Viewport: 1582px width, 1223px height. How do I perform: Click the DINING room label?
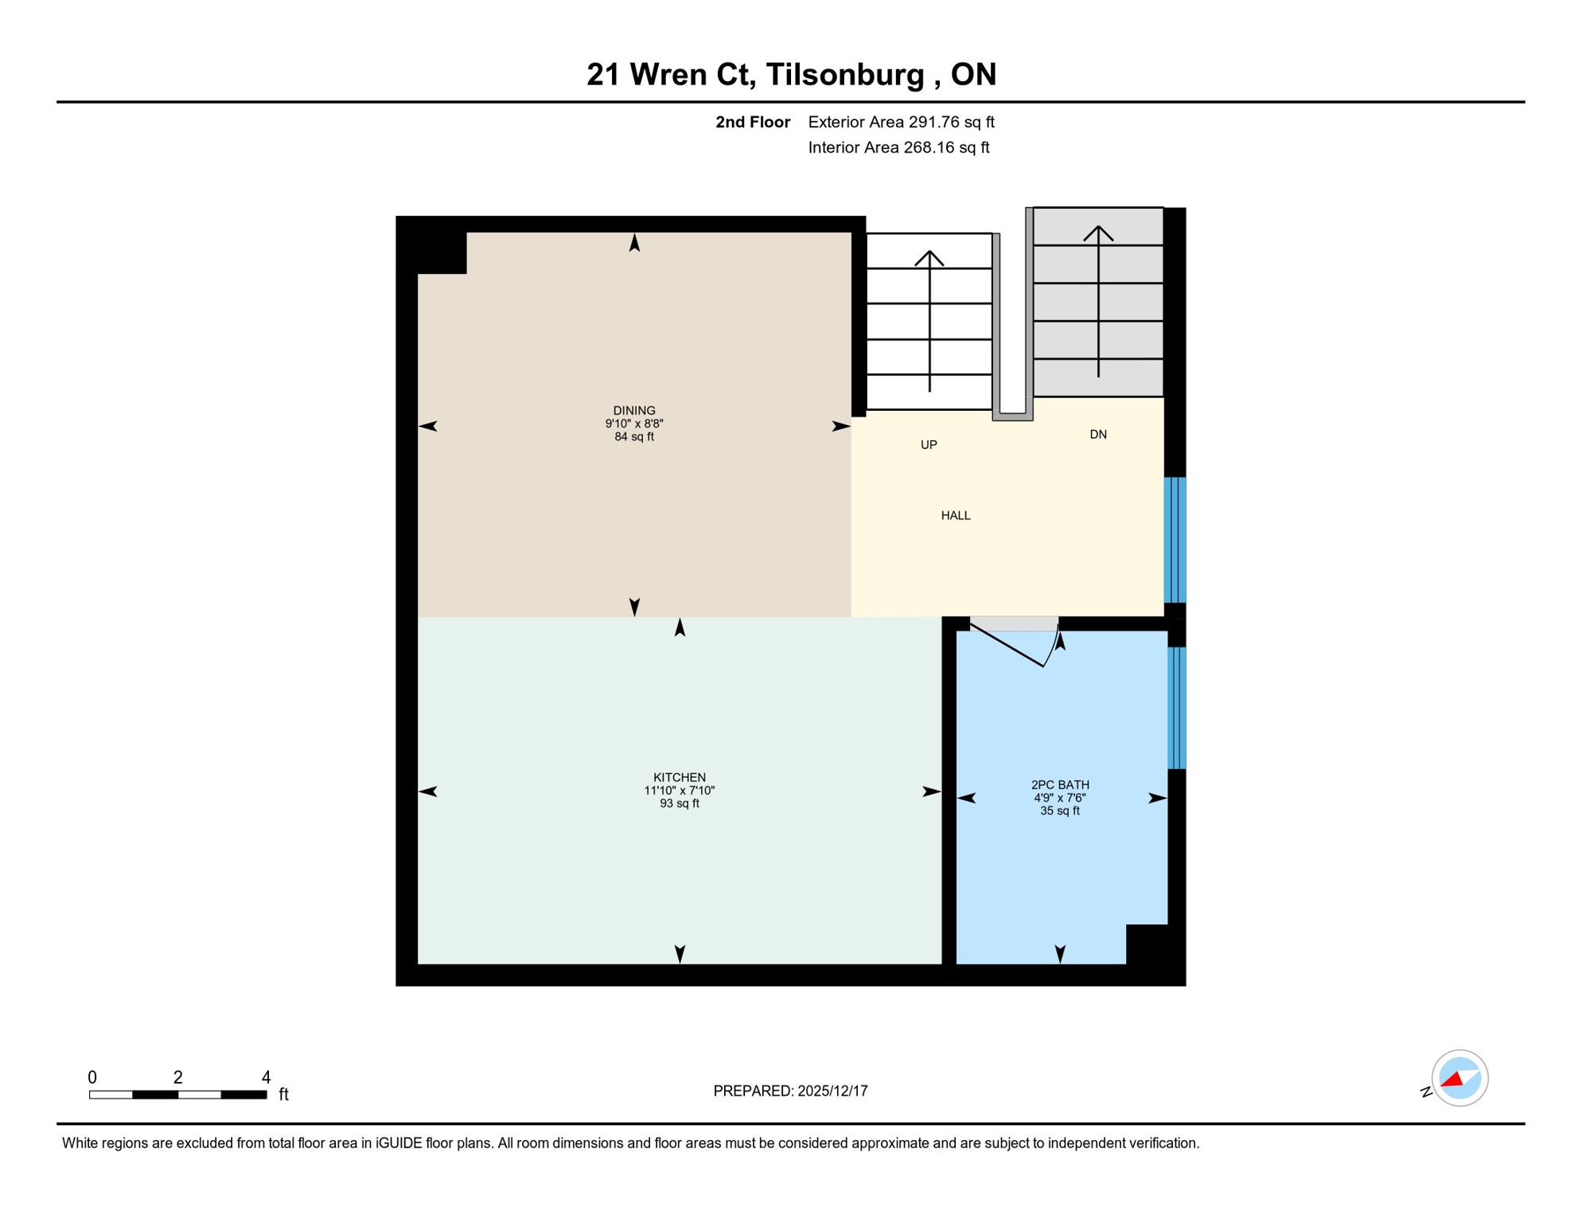tap(633, 411)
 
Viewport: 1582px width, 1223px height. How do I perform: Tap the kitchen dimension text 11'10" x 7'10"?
tap(679, 791)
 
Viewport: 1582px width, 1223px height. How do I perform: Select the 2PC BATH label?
tap(1059, 784)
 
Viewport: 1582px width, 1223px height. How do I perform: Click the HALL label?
tap(955, 516)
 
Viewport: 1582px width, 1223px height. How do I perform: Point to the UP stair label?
tap(928, 445)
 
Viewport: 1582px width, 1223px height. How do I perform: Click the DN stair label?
tap(1097, 435)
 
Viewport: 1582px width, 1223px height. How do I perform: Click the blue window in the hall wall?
tap(1175, 540)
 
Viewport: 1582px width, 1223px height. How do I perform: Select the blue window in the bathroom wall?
tap(1176, 708)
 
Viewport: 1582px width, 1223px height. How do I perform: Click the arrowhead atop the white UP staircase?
tap(929, 257)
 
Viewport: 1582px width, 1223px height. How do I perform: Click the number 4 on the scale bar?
tap(266, 1077)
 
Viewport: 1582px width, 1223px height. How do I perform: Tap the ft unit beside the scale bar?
tap(283, 1095)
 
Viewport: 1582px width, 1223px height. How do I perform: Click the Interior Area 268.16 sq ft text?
tap(898, 147)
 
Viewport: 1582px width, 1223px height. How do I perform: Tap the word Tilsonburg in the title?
tap(844, 74)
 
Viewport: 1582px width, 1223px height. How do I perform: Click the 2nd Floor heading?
tap(752, 122)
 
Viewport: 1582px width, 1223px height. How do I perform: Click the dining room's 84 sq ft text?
tap(633, 437)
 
